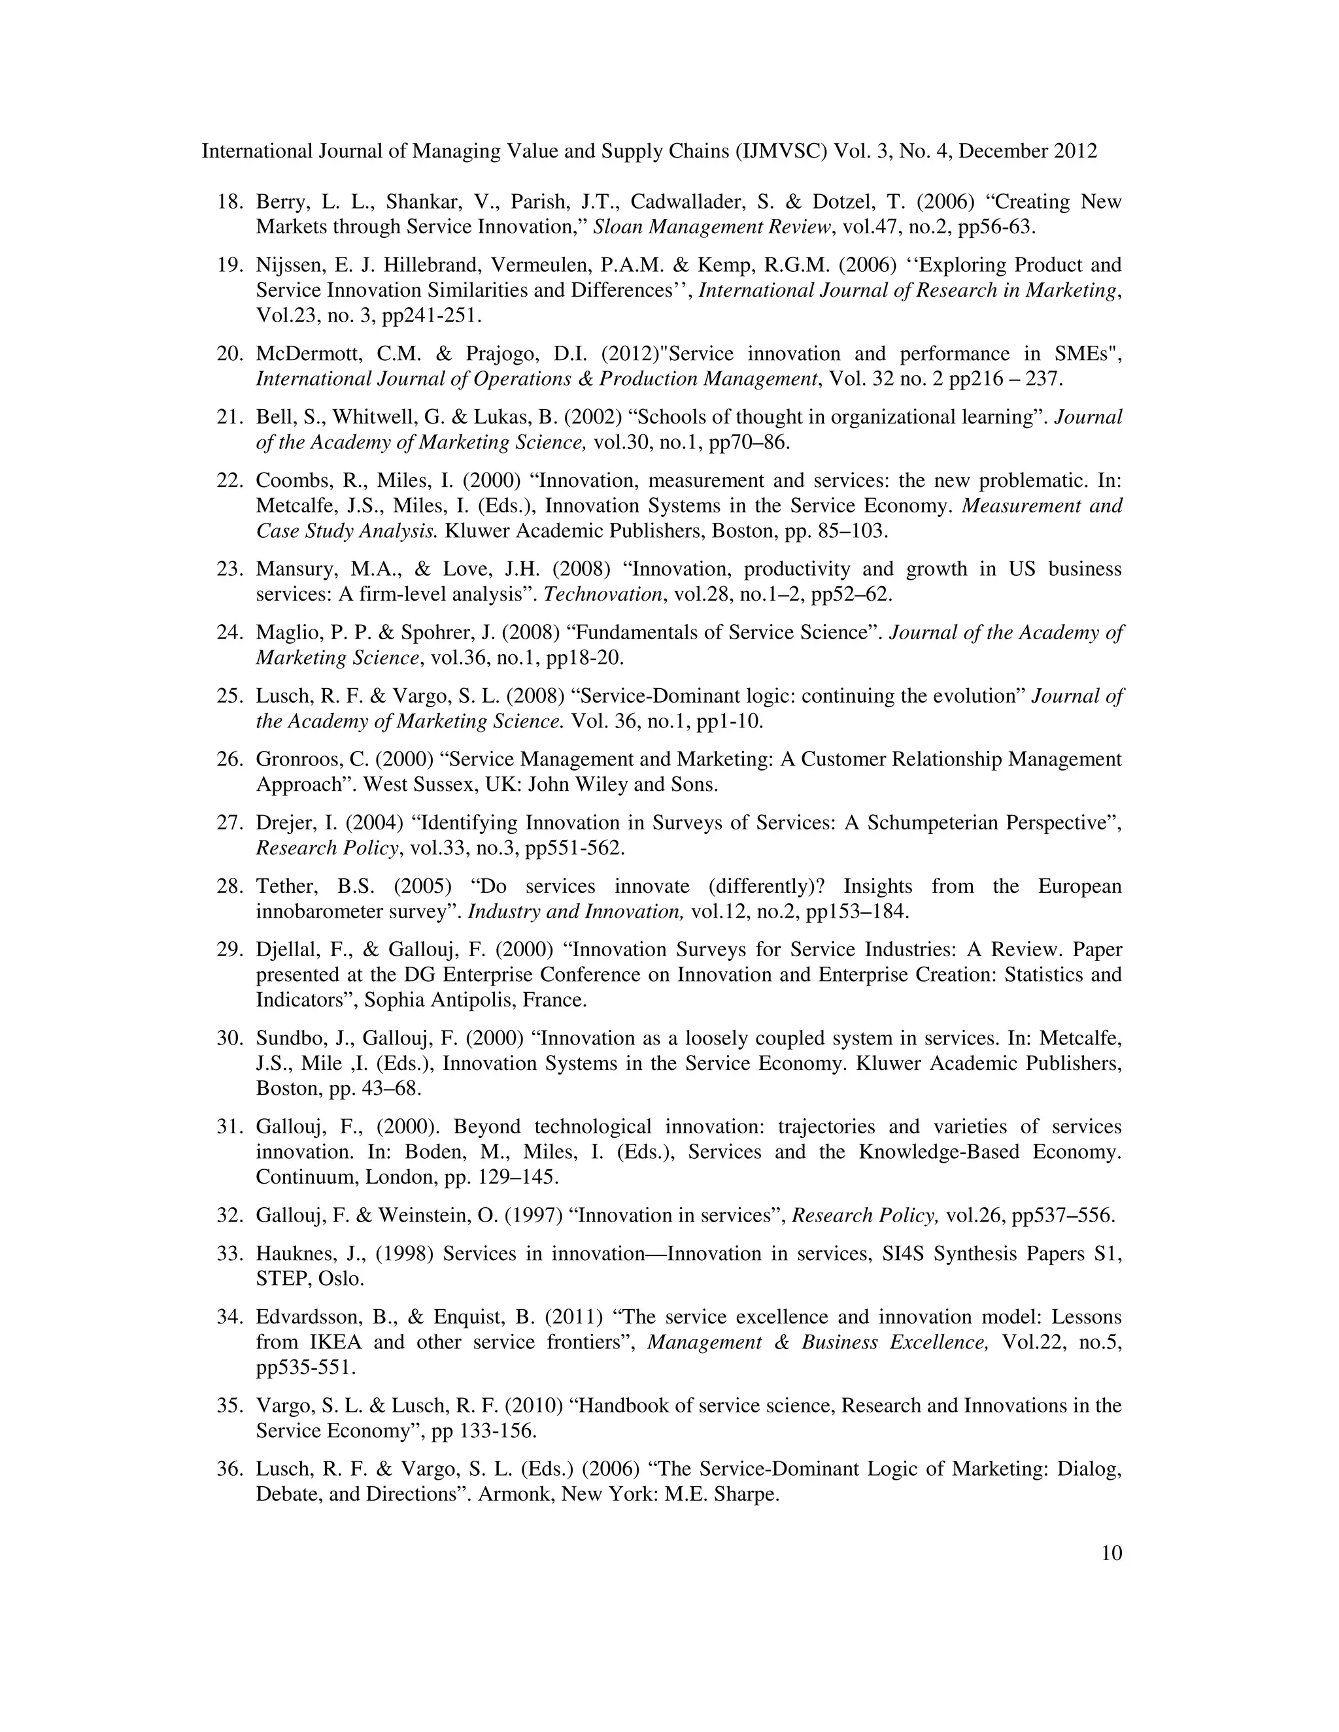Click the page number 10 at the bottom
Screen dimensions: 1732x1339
pos(1111,1553)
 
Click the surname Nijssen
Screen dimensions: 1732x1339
pos(286,265)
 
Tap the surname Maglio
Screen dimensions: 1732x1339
pos(282,633)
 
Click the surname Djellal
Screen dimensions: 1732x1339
pos(283,950)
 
